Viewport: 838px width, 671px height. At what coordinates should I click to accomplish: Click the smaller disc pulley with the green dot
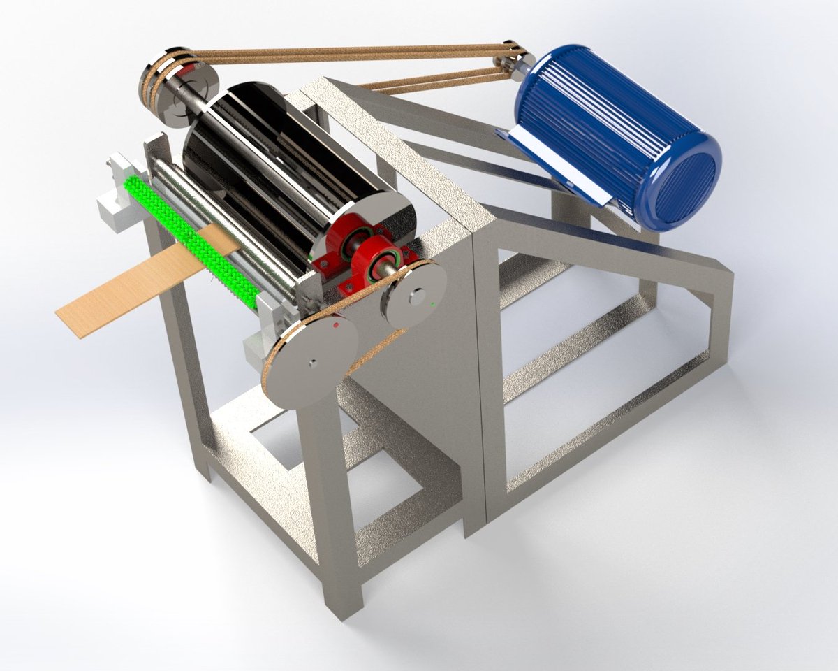pos(413,294)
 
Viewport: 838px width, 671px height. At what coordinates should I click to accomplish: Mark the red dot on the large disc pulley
pos(337,325)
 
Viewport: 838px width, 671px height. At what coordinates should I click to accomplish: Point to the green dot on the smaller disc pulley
pos(434,305)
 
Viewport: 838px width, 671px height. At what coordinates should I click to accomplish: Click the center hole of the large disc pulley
pos(314,362)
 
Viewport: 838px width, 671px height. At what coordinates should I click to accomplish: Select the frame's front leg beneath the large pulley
pos(335,503)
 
